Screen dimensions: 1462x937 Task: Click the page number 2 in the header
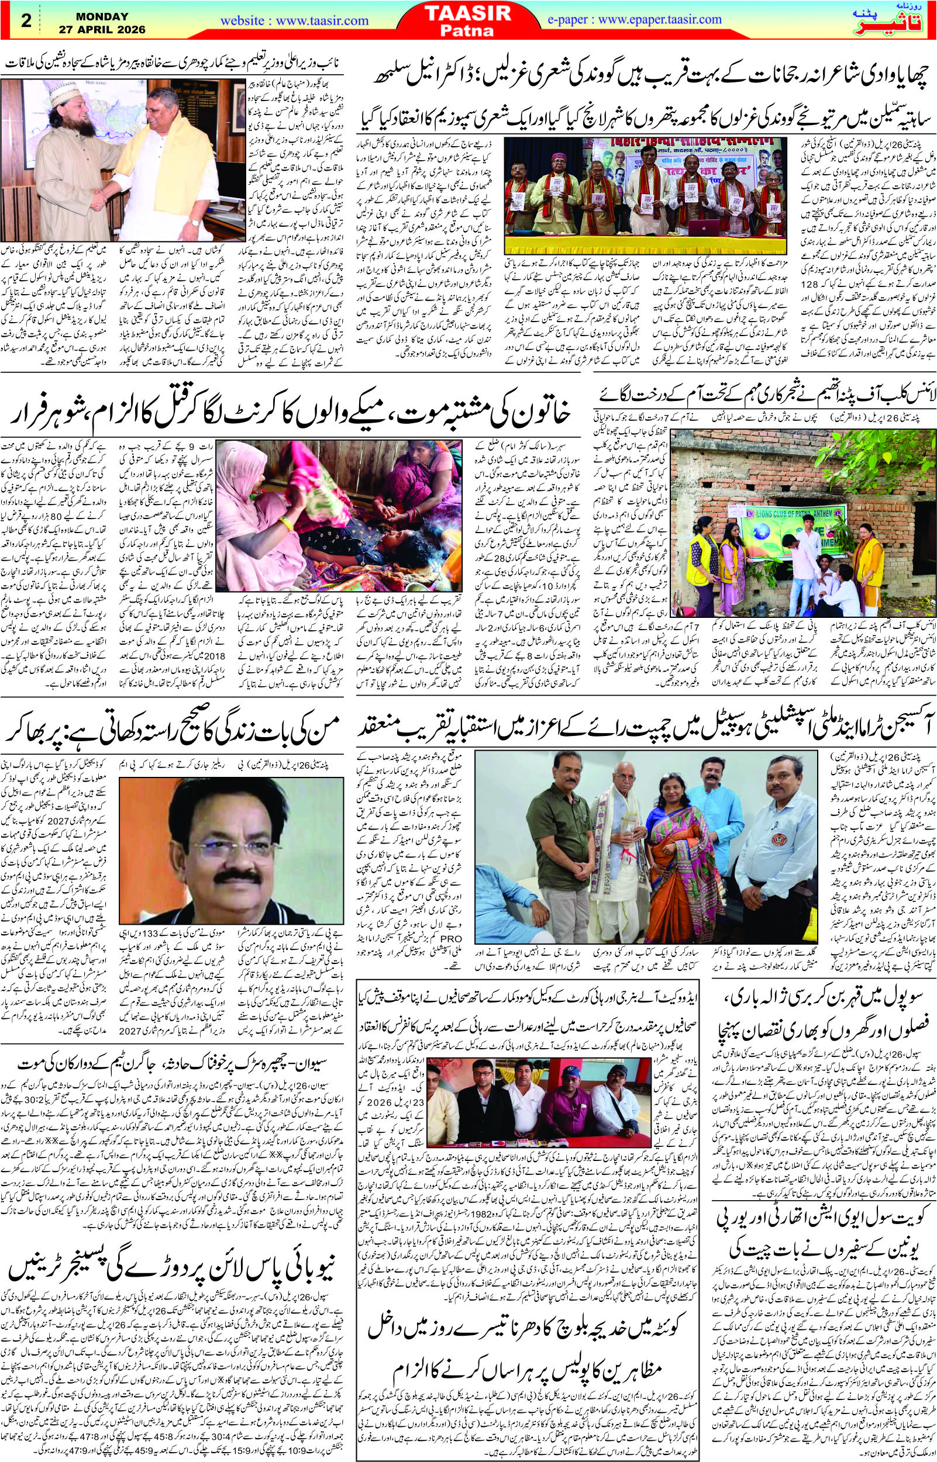tap(26, 20)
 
